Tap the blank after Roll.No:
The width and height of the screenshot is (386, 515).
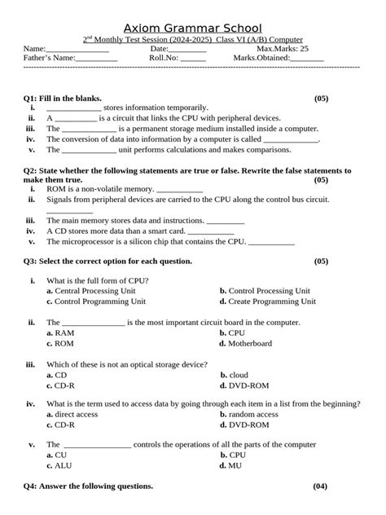pos(193,59)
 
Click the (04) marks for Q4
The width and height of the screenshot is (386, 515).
pos(320,486)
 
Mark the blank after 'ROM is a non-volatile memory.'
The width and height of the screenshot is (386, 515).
pos(178,189)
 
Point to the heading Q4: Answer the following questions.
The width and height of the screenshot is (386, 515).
pos(88,486)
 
